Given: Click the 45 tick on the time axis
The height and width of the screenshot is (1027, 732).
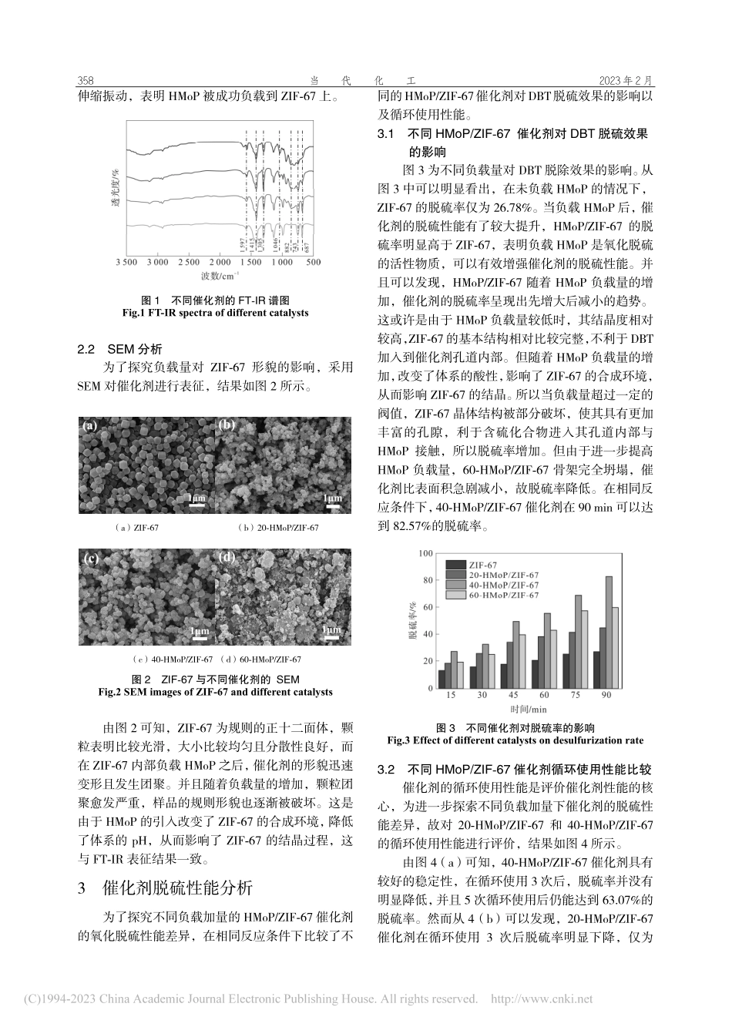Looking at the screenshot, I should [x=513, y=696].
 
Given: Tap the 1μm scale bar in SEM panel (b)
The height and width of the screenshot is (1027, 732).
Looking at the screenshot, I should [x=332, y=502].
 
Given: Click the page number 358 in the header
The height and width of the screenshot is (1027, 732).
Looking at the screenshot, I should [x=86, y=81].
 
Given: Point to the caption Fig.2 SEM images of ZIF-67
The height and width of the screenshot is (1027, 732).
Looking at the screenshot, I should [x=216, y=692].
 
